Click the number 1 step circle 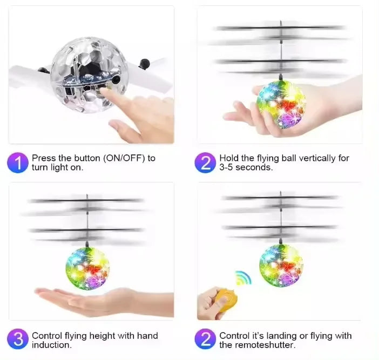(x=18, y=162)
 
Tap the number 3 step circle (x=18, y=339)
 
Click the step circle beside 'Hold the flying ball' (x=205, y=162)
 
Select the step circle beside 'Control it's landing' (x=205, y=339)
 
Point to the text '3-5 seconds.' (x=246, y=167)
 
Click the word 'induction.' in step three (x=51, y=344)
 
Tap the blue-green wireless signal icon (x=242, y=279)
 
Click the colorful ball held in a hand (x=281, y=104)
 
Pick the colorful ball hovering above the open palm (x=87, y=268)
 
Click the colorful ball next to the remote (x=280, y=265)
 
